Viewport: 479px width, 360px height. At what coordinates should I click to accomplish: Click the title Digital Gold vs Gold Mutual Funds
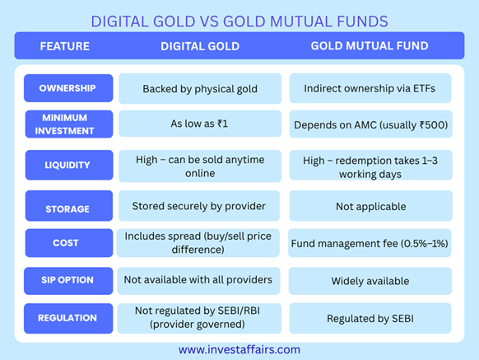tap(239, 21)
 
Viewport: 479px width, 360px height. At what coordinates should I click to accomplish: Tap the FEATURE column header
tap(65, 46)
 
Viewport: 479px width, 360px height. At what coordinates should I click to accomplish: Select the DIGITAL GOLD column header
tap(200, 46)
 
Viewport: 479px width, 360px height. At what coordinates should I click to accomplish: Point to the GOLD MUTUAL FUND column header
tap(370, 46)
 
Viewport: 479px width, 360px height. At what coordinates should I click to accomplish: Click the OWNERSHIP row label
tap(68, 88)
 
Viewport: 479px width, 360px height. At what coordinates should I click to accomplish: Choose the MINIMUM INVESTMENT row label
tap(69, 124)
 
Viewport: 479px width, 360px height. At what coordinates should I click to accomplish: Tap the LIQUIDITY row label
tap(69, 165)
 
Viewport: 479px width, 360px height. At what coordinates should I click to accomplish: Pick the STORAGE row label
tap(69, 206)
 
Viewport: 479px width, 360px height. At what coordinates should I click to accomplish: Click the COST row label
tap(69, 243)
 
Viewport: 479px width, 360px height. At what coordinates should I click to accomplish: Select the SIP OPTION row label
tap(68, 281)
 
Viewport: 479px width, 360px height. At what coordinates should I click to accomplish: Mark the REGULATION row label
tap(68, 318)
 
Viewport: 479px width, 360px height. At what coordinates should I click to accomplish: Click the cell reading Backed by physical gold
tap(200, 89)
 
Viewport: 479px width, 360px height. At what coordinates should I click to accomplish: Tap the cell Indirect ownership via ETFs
tap(370, 88)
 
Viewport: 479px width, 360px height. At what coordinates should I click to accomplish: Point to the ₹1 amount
tap(223, 124)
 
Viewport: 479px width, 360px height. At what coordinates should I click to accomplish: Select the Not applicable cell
tap(371, 206)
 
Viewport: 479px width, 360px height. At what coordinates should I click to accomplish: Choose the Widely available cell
tap(370, 281)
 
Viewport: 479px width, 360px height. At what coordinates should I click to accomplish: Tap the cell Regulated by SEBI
tap(370, 318)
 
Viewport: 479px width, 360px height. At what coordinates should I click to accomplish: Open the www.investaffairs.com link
tap(239, 349)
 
